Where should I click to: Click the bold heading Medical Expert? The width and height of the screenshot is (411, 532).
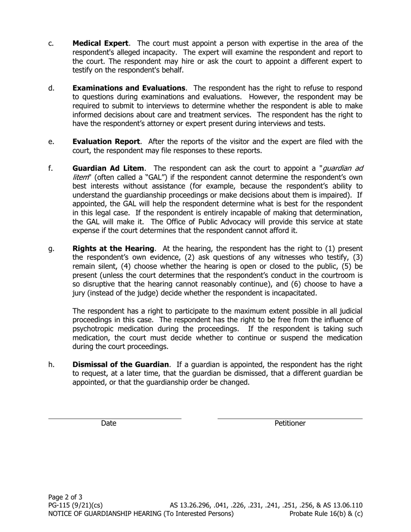click(x=100, y=43)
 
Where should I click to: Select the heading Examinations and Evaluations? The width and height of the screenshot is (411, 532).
click(x=129, y=88)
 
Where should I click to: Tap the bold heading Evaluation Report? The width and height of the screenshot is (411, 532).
click(x=106, y=142)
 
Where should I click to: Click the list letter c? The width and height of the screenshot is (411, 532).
click(x=51, y=43)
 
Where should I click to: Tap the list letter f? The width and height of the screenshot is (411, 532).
click(x=50, y=168)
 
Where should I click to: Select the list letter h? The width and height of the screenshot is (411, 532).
click(x=51, y=365)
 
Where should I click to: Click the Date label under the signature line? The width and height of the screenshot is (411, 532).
click(x=109, y=423)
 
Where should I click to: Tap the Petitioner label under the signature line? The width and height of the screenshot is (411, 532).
click(x=290, y=423)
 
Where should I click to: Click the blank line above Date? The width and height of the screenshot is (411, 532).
click(x=115, y=418)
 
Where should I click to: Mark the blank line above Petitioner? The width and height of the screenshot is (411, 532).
click(x=290, y=418)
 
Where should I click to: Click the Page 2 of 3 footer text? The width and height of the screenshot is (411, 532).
click(x=65, y=497)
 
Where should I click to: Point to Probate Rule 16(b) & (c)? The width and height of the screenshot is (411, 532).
click(x=326, y=514)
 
